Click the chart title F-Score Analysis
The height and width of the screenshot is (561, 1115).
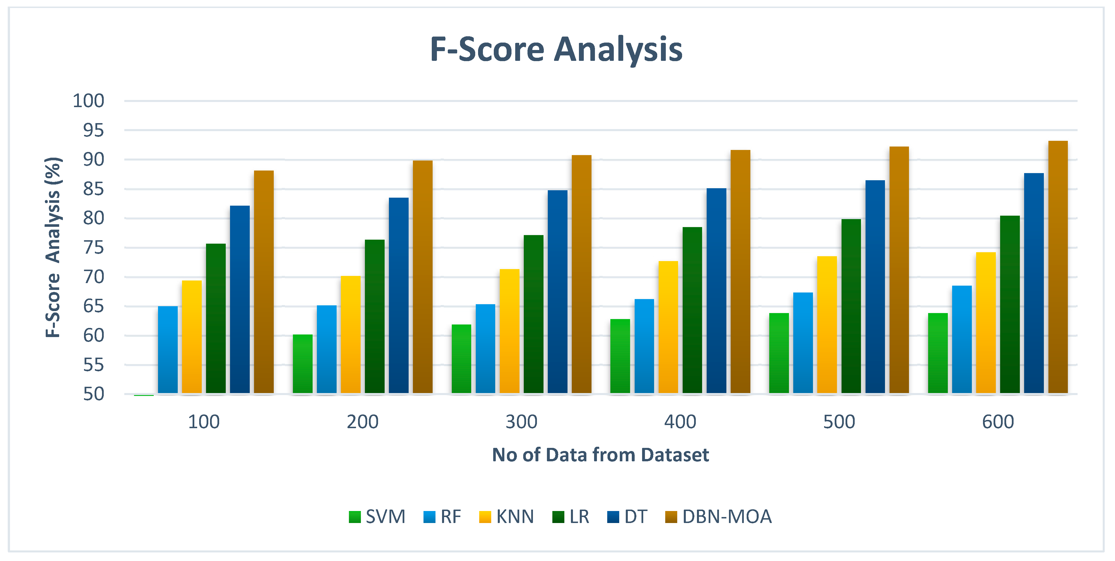tap(556, 49)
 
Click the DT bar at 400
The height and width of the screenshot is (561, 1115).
tap(716, 291)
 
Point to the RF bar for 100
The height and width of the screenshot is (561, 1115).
tap(167, 350)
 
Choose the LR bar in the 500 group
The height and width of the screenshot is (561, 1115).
tap(851, 306)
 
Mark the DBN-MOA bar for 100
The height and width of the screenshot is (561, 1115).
tap(263, 282)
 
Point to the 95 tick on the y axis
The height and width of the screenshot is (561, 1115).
tap(93, 130)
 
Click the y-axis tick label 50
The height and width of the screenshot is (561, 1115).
tap(93, 394)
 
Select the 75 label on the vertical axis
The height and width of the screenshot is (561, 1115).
tap(93, 248)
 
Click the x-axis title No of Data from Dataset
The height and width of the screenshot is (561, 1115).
tap(600, 455)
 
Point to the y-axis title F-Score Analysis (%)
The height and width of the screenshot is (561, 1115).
tap(53, 247)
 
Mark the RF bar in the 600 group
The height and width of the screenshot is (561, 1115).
tap(962, 340)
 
